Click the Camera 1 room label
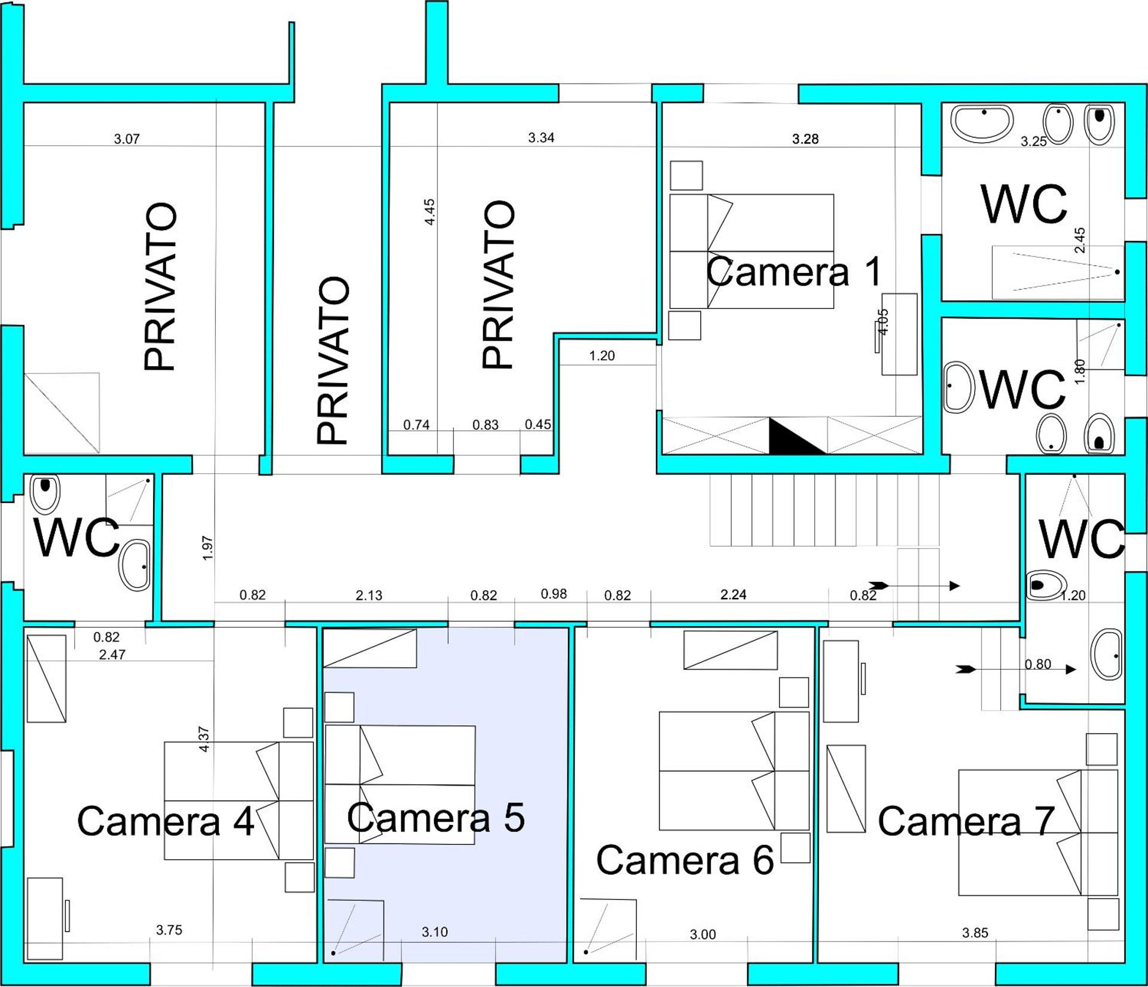794,271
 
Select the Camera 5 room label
436,817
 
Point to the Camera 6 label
685,860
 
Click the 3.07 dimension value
127,139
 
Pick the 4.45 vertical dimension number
429,211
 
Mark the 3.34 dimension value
541,138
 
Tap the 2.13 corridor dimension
369,595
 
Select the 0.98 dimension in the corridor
554,594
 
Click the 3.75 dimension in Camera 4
169,930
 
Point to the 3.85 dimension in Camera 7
975,933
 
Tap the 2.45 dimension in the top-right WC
1080,240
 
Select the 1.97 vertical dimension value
208,548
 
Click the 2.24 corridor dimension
734,594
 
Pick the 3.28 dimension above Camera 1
805,139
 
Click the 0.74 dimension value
416,425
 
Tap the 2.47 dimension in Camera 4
112,654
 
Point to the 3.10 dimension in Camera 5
435,931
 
